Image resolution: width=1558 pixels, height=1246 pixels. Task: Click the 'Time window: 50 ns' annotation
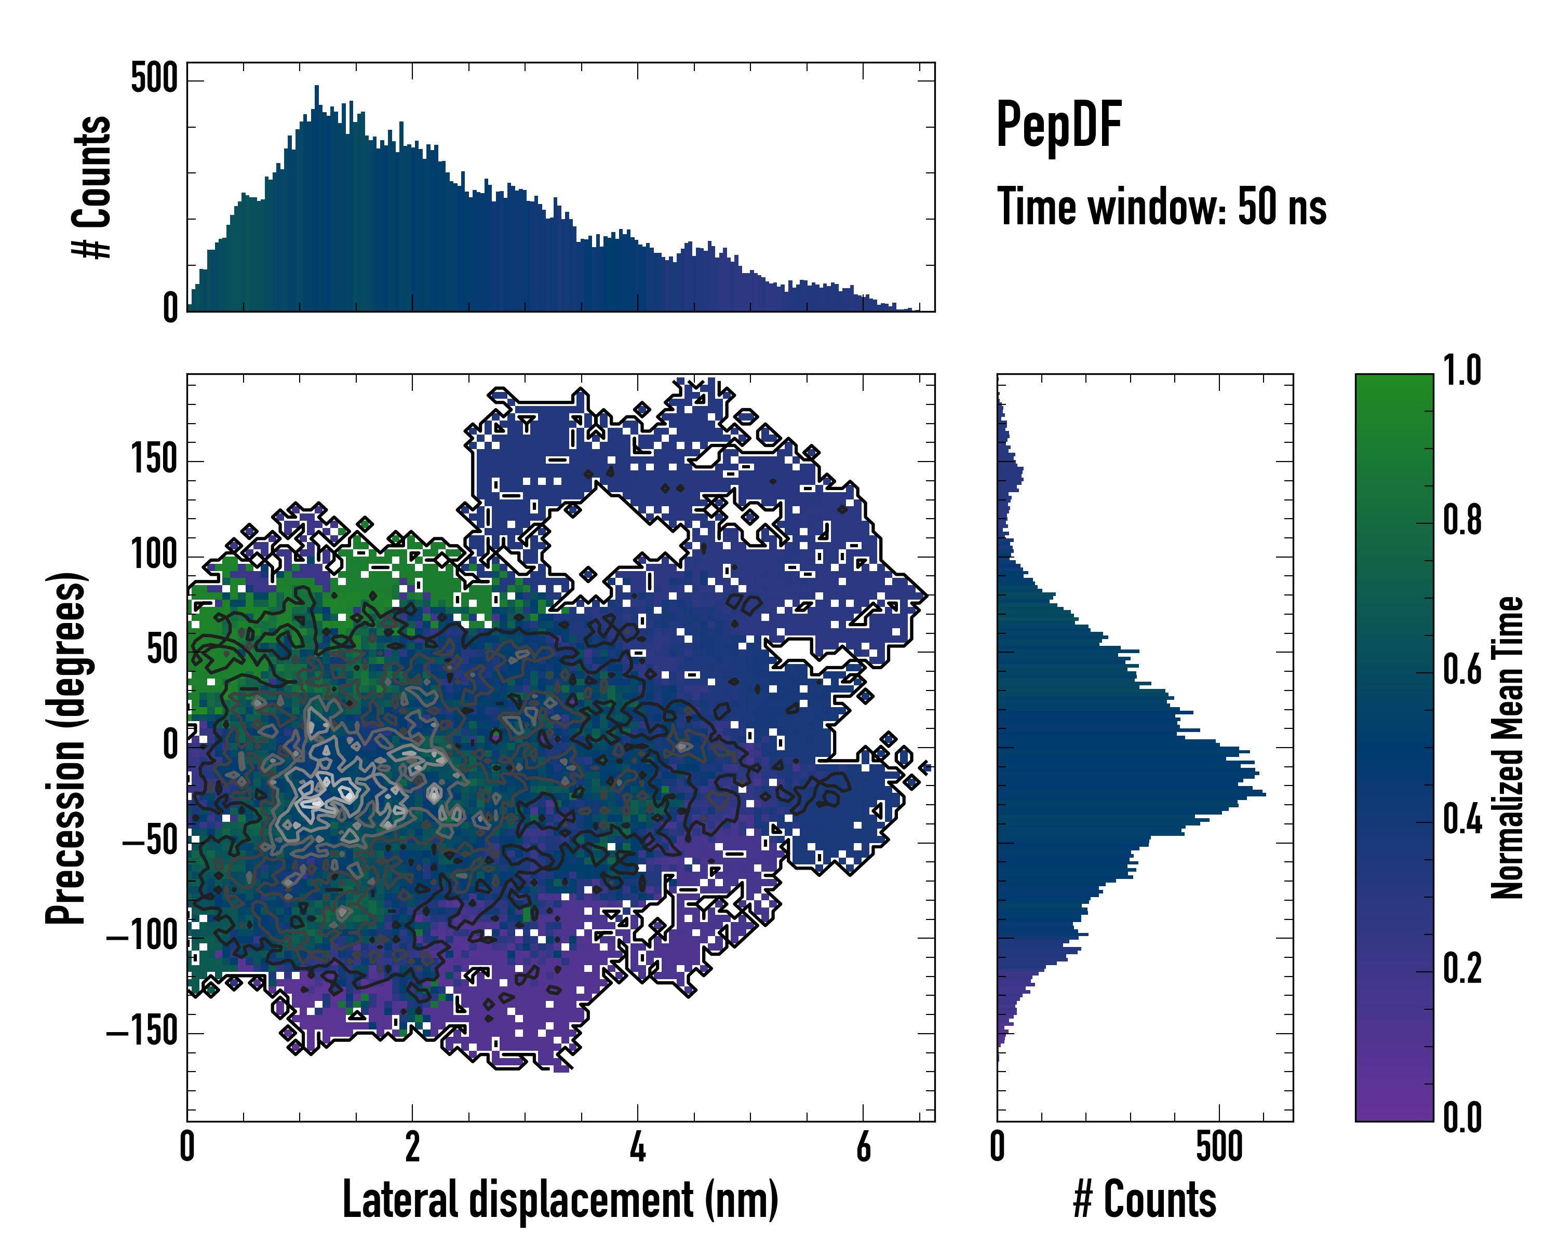point(1161,207)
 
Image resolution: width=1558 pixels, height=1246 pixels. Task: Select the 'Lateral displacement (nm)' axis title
point(560,1200)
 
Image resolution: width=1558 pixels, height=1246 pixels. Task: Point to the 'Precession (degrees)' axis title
point(66,748)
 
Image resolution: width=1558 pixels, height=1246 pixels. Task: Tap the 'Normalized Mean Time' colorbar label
point(1508,748)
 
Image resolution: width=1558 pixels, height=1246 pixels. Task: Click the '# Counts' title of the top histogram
point(92,187)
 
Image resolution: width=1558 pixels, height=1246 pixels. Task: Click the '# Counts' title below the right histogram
point(1145,1200)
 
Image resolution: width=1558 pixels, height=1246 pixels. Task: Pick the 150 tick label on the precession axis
point(154,459)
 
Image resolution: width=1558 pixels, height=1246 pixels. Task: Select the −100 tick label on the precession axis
point(142,937)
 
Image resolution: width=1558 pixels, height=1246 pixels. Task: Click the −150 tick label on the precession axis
point(142,1032)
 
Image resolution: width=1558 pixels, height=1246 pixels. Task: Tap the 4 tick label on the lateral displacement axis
point(637,1146)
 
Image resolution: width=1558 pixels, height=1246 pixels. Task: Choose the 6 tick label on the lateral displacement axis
point(863,1146)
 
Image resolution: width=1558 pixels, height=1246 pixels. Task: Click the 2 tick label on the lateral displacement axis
point(412,1146)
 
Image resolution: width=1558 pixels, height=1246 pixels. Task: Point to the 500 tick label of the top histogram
point(154,78)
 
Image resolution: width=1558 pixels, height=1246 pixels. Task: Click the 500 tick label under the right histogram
point(1219,1146)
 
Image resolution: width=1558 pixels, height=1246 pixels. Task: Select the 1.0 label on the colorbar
point(1462,371)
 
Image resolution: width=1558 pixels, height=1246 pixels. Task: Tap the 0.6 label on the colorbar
point(1462,671)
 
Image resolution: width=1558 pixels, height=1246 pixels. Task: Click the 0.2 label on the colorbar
point(1462,969)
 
